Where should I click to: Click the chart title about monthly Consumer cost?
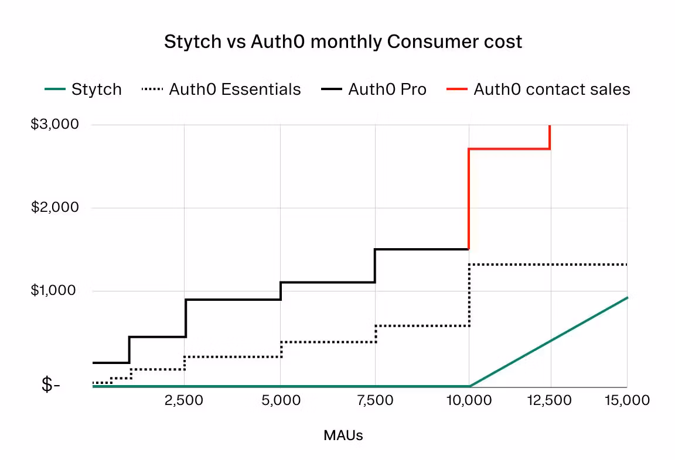(x=343, y=42)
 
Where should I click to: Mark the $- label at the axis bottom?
(x=50, y=386)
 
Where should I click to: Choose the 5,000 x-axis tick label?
(x=280, y=400)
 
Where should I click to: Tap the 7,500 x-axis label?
(x=375, y=400)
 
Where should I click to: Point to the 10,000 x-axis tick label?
(x=468, y=400)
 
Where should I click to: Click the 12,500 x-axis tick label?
(x=549, y=400)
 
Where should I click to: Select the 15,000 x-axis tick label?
(x=627, y=400)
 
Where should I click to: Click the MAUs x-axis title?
(x=343, y=435)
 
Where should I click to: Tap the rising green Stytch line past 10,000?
(x=548, y=342)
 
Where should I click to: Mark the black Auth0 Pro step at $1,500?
(x=422, y=249)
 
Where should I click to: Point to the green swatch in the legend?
(x=55, y=90)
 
